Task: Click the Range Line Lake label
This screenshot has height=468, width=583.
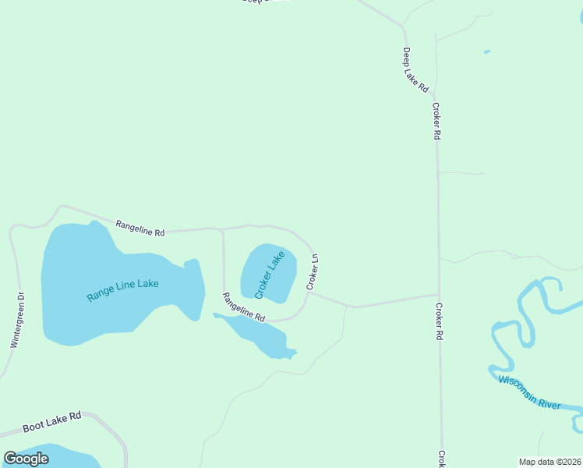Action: pos(122,288)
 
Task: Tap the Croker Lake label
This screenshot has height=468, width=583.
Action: pos(270,274)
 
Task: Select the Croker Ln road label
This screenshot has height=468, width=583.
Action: pos(313,271)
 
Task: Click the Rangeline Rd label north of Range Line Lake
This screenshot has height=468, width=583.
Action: pos(140,228)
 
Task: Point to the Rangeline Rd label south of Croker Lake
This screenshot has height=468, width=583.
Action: pos(244,307)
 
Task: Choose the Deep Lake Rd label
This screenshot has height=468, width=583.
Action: pos(415,71)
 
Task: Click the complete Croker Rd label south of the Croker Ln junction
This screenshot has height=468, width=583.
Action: pos(439,321)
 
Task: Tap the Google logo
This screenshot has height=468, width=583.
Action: pos(26,459)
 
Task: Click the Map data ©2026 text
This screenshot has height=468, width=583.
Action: pos(550,462)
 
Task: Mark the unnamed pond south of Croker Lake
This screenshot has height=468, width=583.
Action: pos(261,336)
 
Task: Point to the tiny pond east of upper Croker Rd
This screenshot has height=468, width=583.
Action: pos(486,52)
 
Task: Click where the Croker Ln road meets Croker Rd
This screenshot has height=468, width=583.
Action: pos(437,295)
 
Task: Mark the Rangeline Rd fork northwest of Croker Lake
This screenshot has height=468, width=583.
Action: pos(223,230)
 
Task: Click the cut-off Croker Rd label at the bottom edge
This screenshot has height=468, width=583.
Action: pos(441,459)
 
